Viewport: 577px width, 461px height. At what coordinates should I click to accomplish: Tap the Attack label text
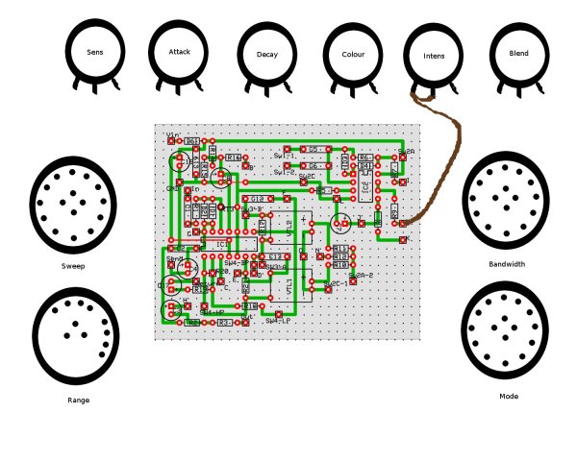(x=180, y=51)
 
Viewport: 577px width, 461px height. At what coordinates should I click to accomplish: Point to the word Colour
(x=353, y=55)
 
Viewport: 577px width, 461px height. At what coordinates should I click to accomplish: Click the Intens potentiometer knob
(x=434, y=57)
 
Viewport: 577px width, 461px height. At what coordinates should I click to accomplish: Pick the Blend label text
(x=518, y=55)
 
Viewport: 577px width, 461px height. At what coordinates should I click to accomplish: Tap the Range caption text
(x=79, y=400)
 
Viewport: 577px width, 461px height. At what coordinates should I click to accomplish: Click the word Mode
(x=509, y=397)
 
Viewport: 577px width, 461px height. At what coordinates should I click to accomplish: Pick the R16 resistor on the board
(x=234, y=157)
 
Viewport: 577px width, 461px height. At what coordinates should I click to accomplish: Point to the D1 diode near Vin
(x=192, y=140)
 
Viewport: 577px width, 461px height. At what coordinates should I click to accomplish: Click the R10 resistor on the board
(x=340, y=262)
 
